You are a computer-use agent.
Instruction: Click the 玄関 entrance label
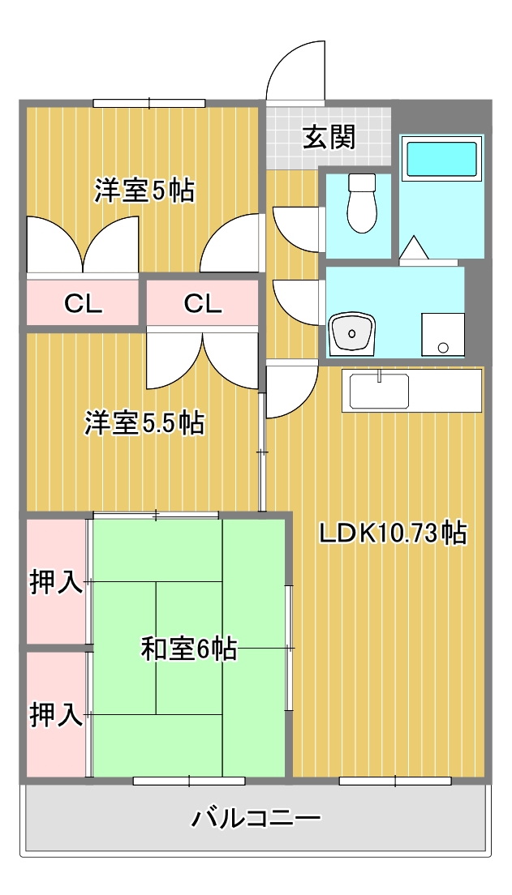(329, 137)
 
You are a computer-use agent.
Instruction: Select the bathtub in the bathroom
(441, 160)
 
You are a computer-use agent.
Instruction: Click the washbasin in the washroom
(351, 332)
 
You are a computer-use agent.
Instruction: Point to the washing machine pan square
(442, 333)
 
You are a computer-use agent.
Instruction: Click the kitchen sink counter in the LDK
(411, 391)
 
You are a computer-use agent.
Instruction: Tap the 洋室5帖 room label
(144, 191)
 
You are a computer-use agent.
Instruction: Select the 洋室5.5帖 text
(144, 422)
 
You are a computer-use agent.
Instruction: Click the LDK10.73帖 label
(391, 533)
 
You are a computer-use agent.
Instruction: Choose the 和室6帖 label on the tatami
(188, 649)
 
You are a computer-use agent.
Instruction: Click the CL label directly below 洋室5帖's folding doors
(83, 303)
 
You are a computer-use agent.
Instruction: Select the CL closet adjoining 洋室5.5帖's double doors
(202, 303)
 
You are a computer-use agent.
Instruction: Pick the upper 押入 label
(56, 581)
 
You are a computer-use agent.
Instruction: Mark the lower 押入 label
(56, 714)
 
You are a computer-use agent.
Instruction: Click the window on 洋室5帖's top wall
(148, 103)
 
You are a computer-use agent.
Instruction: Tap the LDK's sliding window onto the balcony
(394, 781)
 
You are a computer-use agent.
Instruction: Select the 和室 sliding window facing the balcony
(188, 781)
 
